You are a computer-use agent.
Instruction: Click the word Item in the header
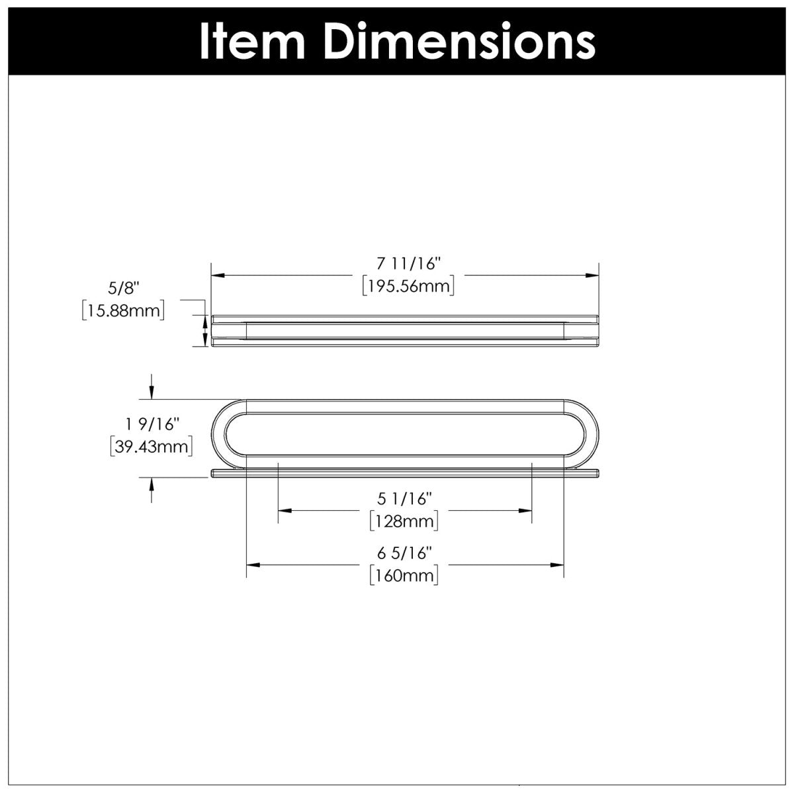pos(252,42)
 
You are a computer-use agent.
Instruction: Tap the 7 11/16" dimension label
pos(408,264)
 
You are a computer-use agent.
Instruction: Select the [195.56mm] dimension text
pos(408,286)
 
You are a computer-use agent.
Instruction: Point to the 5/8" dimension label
pos(121,288)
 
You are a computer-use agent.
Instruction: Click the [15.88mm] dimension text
pos(123,310)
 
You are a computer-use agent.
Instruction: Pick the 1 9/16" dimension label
pos(152,424)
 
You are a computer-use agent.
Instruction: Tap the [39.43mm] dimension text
pos(152,446)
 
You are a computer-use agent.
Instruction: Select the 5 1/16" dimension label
pos(404,499)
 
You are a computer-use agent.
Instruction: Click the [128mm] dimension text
pos(404,521)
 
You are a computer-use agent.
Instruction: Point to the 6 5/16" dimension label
pos(404,553)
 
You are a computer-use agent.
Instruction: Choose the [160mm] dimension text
pos(404,575)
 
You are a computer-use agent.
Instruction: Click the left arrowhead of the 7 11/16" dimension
pos(217,275)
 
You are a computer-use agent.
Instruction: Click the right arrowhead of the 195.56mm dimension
pos(592,275)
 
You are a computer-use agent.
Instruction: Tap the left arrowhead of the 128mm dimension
pos(285,511)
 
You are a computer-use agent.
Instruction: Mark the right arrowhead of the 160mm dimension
pos(557,564)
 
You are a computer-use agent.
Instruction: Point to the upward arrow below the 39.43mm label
pos(152,490)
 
